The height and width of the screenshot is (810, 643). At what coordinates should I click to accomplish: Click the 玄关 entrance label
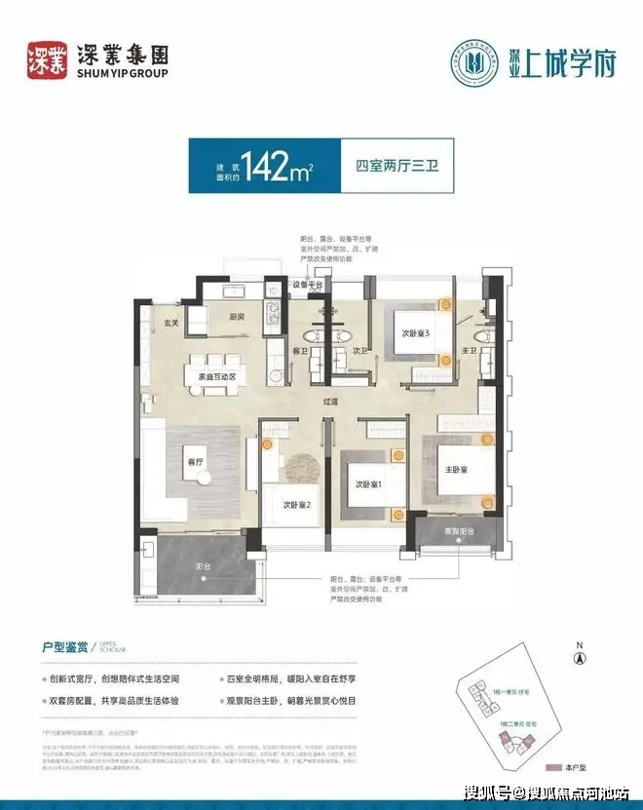(171, 324)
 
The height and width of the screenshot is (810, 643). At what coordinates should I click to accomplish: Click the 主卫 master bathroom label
(469, 349)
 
